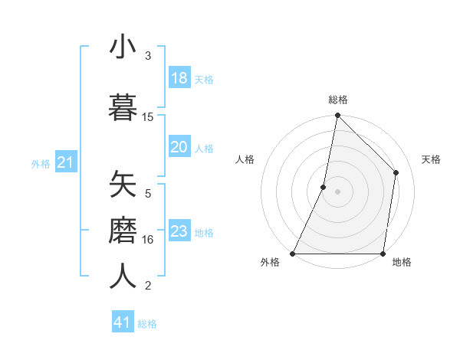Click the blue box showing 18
[x=179, y=78]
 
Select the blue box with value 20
[x=179, y=147]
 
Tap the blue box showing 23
[x=179, y=231]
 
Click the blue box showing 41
[x=123, y=322]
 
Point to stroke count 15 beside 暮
[x=148, y=117]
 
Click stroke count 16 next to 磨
[x=148, y=240]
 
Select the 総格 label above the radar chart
[x=337, y=100]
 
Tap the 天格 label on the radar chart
[x=431, y=159]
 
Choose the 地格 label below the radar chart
[x=402, y=262]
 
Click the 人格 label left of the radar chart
[x=245, y=159]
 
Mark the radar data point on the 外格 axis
[x=293, y=254]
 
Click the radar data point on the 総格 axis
[x=337, y=116]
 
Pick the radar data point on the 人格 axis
[x=324, y=187]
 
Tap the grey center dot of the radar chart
[x=337, y=191]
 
